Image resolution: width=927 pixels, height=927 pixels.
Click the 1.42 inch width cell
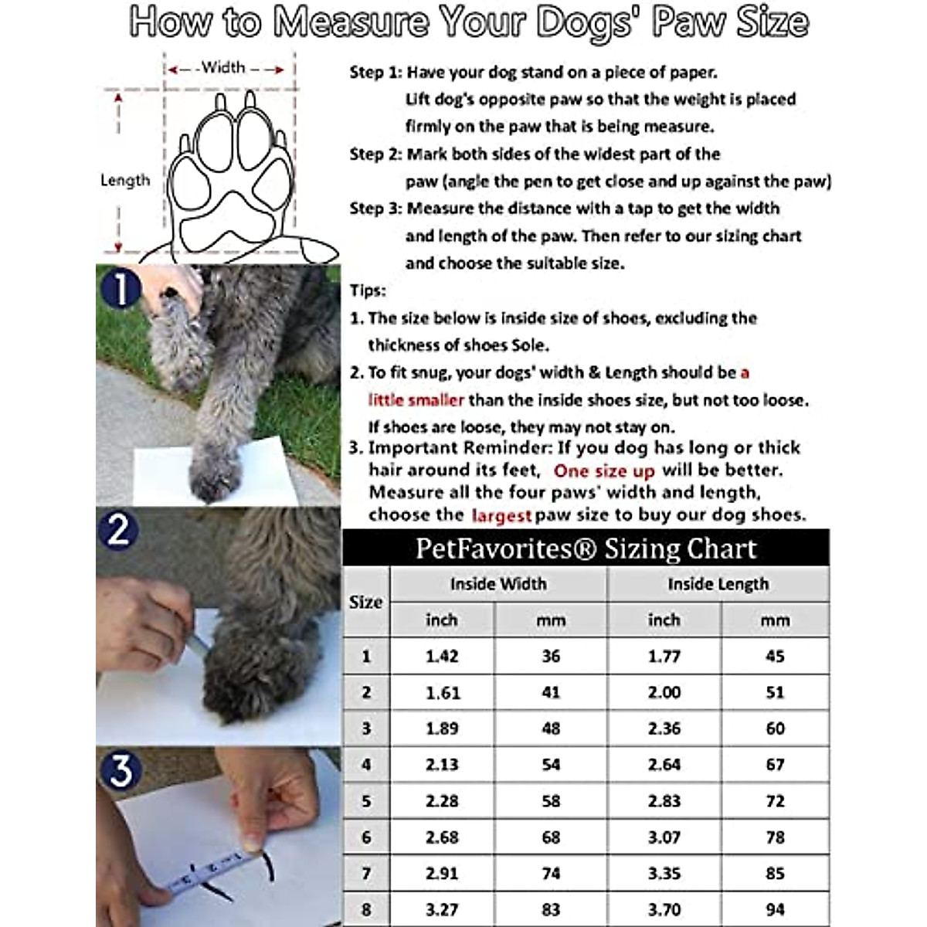[442, 657]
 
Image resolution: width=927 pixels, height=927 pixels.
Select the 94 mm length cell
[775, 909]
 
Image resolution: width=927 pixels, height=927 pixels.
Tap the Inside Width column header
[498, 585]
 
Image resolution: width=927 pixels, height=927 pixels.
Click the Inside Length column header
[718, 585]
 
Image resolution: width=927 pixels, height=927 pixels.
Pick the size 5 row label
[366, 801]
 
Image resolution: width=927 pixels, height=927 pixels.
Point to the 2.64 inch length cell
[664, 765]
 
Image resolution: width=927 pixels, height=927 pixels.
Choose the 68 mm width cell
[551, 837]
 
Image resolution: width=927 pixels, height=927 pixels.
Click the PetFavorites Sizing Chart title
[586, 548]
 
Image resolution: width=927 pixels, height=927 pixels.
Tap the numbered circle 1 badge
[120, 290]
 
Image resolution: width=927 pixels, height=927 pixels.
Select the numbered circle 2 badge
[118, 531]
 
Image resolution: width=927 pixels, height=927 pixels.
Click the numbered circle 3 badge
[121, 771]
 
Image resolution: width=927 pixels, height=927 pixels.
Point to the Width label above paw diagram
[223, 68]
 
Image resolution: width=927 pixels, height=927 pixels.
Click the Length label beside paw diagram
[125, 181]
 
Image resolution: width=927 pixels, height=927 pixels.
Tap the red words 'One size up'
[603, 471]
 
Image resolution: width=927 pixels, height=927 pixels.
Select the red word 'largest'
[501, 516]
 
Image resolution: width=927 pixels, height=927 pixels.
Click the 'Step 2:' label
[375, 154]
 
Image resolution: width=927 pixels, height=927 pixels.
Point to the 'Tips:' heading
[368, 291]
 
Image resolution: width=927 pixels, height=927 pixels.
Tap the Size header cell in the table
[366, 603]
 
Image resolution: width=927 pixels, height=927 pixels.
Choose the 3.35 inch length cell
[664, 874]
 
